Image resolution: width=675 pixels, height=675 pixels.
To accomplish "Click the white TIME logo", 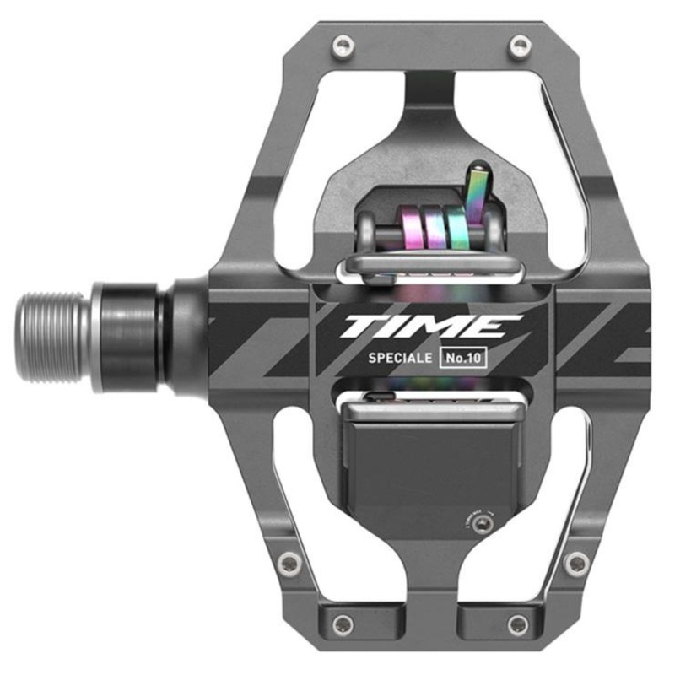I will pos(431,327).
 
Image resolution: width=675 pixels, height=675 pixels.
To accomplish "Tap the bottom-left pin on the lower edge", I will pos(343,625).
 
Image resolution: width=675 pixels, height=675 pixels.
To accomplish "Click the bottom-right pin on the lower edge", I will pos(519,625).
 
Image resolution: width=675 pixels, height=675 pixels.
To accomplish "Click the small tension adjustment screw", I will pos(482,526).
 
